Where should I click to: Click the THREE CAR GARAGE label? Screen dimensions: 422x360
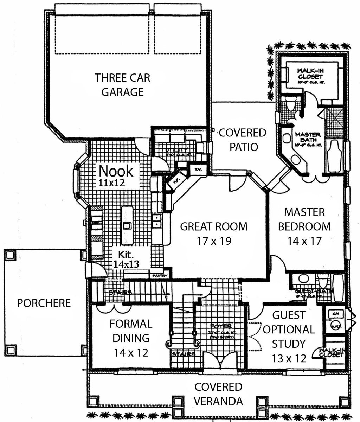[x=122, y=84]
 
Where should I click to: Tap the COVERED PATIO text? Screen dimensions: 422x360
[x=243, y=140]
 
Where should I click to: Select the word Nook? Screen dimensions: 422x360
[x=116, y=171]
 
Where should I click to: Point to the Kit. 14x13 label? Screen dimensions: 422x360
[x=126, y=258]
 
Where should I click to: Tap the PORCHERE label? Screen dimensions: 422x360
[x=44, y=303]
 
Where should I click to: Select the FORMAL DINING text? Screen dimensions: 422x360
[x=130, y=331]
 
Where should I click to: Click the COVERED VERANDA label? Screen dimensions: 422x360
[x=218, y=394]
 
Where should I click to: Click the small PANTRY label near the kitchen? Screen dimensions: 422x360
[x=159, y=276]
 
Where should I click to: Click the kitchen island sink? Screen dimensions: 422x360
[x=127, y=225]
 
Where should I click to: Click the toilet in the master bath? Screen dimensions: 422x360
[x=291, y=105]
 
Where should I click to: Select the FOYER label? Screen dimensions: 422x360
[x=219, y=326]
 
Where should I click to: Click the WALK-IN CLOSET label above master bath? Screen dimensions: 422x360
[x=310, y=75]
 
